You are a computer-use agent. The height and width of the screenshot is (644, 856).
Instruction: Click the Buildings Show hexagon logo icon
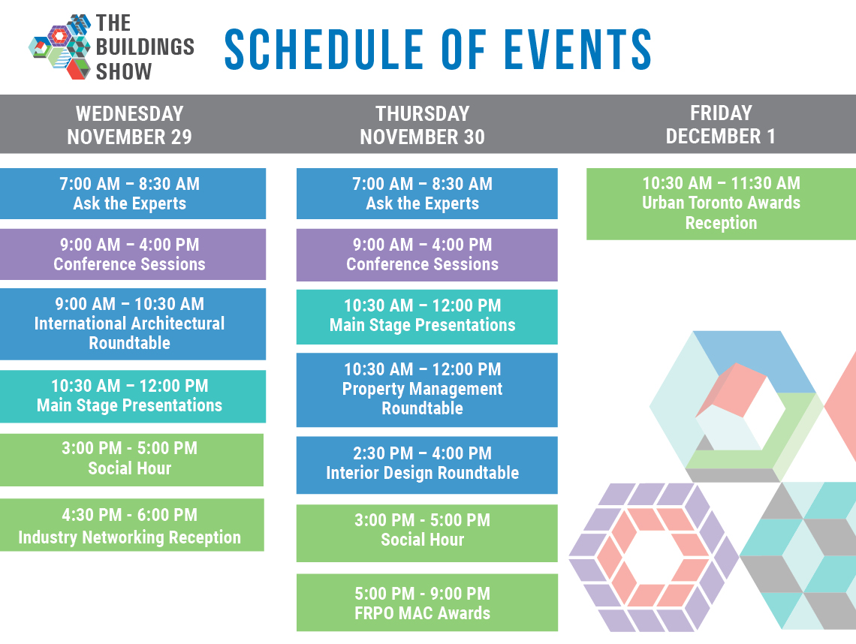(x=60, y=47)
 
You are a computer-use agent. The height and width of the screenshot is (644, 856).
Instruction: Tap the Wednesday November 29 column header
(x=129, y=125)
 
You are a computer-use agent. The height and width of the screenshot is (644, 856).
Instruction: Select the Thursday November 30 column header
(x=423, y=125)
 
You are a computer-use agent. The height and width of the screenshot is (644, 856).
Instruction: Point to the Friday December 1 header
(x=721, y=125)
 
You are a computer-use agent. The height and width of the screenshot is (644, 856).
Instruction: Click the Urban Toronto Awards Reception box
(x=721, y=203)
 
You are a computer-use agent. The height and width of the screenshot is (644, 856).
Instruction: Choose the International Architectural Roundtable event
(x=133, y=324)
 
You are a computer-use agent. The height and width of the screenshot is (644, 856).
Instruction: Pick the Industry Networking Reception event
(x=131, y=525)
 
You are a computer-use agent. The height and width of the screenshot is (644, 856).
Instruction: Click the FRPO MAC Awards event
(x=427, y=603)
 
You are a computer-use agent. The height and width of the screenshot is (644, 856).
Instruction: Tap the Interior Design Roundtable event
(x=427, y=465)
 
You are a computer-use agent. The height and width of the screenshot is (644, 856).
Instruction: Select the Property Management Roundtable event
(x=427, y=390)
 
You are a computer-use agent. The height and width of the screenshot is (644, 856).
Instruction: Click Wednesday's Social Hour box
(x=131, y=459)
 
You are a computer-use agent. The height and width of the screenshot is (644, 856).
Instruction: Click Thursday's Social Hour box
(x=427, y=533)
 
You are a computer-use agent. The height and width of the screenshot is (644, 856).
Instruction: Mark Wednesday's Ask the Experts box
(x=133, y=193)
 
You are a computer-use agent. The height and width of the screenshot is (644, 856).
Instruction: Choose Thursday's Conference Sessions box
(x=427, y=255)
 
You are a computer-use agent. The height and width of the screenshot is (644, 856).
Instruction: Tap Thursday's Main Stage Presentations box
(x=427, y=317)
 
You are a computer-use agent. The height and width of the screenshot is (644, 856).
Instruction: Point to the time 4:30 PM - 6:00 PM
(x=129, y=515)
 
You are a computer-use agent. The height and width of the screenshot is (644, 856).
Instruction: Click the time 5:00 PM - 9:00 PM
(x=423, y=593)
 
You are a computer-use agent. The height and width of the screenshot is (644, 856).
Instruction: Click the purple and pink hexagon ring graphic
(x=653, y=557)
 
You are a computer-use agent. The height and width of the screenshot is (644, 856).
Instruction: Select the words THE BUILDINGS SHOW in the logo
(x=145, y=47)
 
